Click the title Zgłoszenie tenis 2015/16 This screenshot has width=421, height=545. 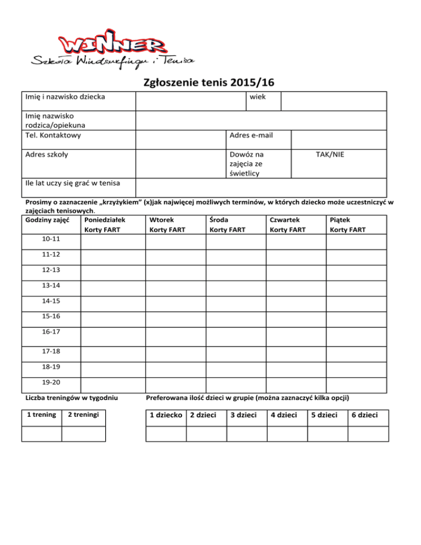click(208, 83)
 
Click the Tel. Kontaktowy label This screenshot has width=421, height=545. click(54, 135)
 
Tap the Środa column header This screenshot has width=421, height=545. click(218, 220)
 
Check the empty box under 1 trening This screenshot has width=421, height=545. click(41, 434)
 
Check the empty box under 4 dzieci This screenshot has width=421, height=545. click(287, 434)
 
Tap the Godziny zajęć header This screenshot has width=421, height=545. click(47, 220)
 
